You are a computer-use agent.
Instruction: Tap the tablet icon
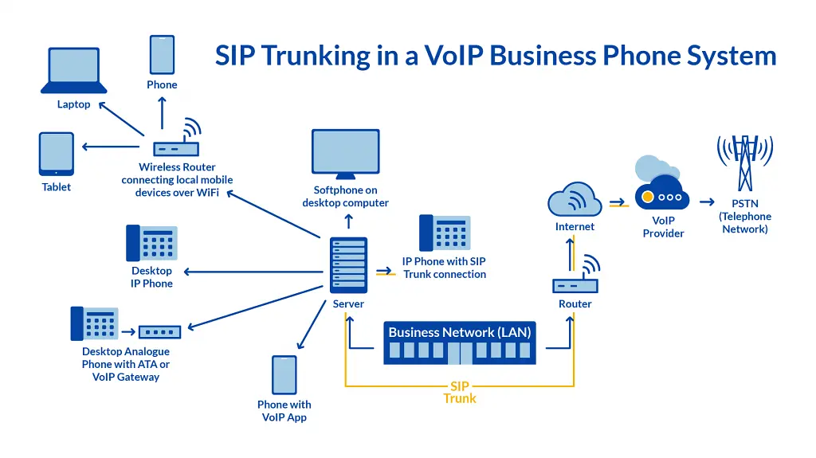[x=57, y=154]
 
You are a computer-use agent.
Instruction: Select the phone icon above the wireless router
[x=162, y=54]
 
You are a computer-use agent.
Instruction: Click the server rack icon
[x=348, y=265]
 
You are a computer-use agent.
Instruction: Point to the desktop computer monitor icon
[x=345, y=154]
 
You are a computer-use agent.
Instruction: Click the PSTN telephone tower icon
[x=744, y=162]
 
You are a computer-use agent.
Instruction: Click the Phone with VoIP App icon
[x=284, y=375]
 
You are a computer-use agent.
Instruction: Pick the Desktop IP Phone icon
[x=151, y=243]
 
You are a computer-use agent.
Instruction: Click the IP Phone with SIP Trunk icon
[x=445, y=233]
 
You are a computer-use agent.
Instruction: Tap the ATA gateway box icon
[x=159, y=331]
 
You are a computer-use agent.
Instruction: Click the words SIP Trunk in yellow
[x=460, y=393]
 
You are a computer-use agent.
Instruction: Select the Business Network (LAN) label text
[x=460, y=332]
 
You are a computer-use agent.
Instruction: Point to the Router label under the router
[x=575, y=303]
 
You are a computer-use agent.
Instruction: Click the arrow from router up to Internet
[x=571, y=253]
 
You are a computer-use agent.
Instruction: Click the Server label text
[x=348, y=303]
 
